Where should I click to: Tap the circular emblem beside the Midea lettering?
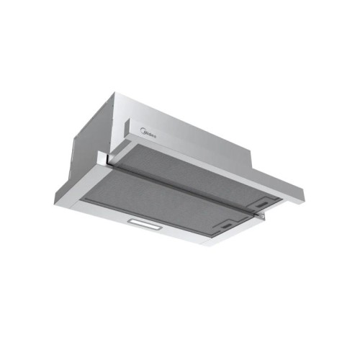click(142, 131)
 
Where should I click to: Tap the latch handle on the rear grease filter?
click(262, 204)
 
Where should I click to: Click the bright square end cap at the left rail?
click(103, 158)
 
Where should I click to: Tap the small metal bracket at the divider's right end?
click(261, 216)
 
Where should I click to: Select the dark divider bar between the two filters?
click(182, 189)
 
